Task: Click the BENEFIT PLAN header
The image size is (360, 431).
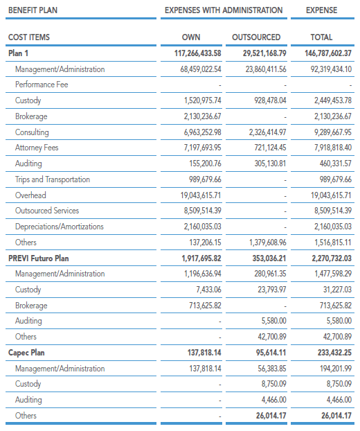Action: pos(33,10)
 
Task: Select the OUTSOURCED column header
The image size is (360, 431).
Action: pos(256,37)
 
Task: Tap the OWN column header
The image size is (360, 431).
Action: pos(191,37)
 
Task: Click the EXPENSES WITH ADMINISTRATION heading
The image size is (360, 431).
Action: pos(224,10)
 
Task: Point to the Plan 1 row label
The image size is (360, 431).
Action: pos(18,53)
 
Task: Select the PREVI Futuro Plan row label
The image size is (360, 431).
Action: pos(39,258)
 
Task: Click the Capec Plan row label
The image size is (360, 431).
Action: pos(26,353)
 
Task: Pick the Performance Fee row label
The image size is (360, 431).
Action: pos(42,85)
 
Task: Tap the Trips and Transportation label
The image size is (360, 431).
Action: pos(53,179)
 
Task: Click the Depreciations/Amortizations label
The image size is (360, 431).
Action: pos(60,227)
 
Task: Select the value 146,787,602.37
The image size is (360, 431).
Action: pos(328,53)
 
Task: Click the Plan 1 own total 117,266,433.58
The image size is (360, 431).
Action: pos(198,53)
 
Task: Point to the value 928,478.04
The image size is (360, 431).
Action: pos(270,100)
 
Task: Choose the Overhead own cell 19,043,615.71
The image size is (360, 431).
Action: pos(201,195)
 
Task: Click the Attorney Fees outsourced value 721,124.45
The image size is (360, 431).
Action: pos(270,148)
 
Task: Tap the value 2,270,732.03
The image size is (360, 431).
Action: pos(332,258)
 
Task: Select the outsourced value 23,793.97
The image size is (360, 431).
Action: pos(272,290)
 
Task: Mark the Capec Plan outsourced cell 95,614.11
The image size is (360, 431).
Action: pos(271,353)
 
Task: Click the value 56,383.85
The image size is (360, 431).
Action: pos(272,369)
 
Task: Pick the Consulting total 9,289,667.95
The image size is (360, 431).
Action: pos(333,132)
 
